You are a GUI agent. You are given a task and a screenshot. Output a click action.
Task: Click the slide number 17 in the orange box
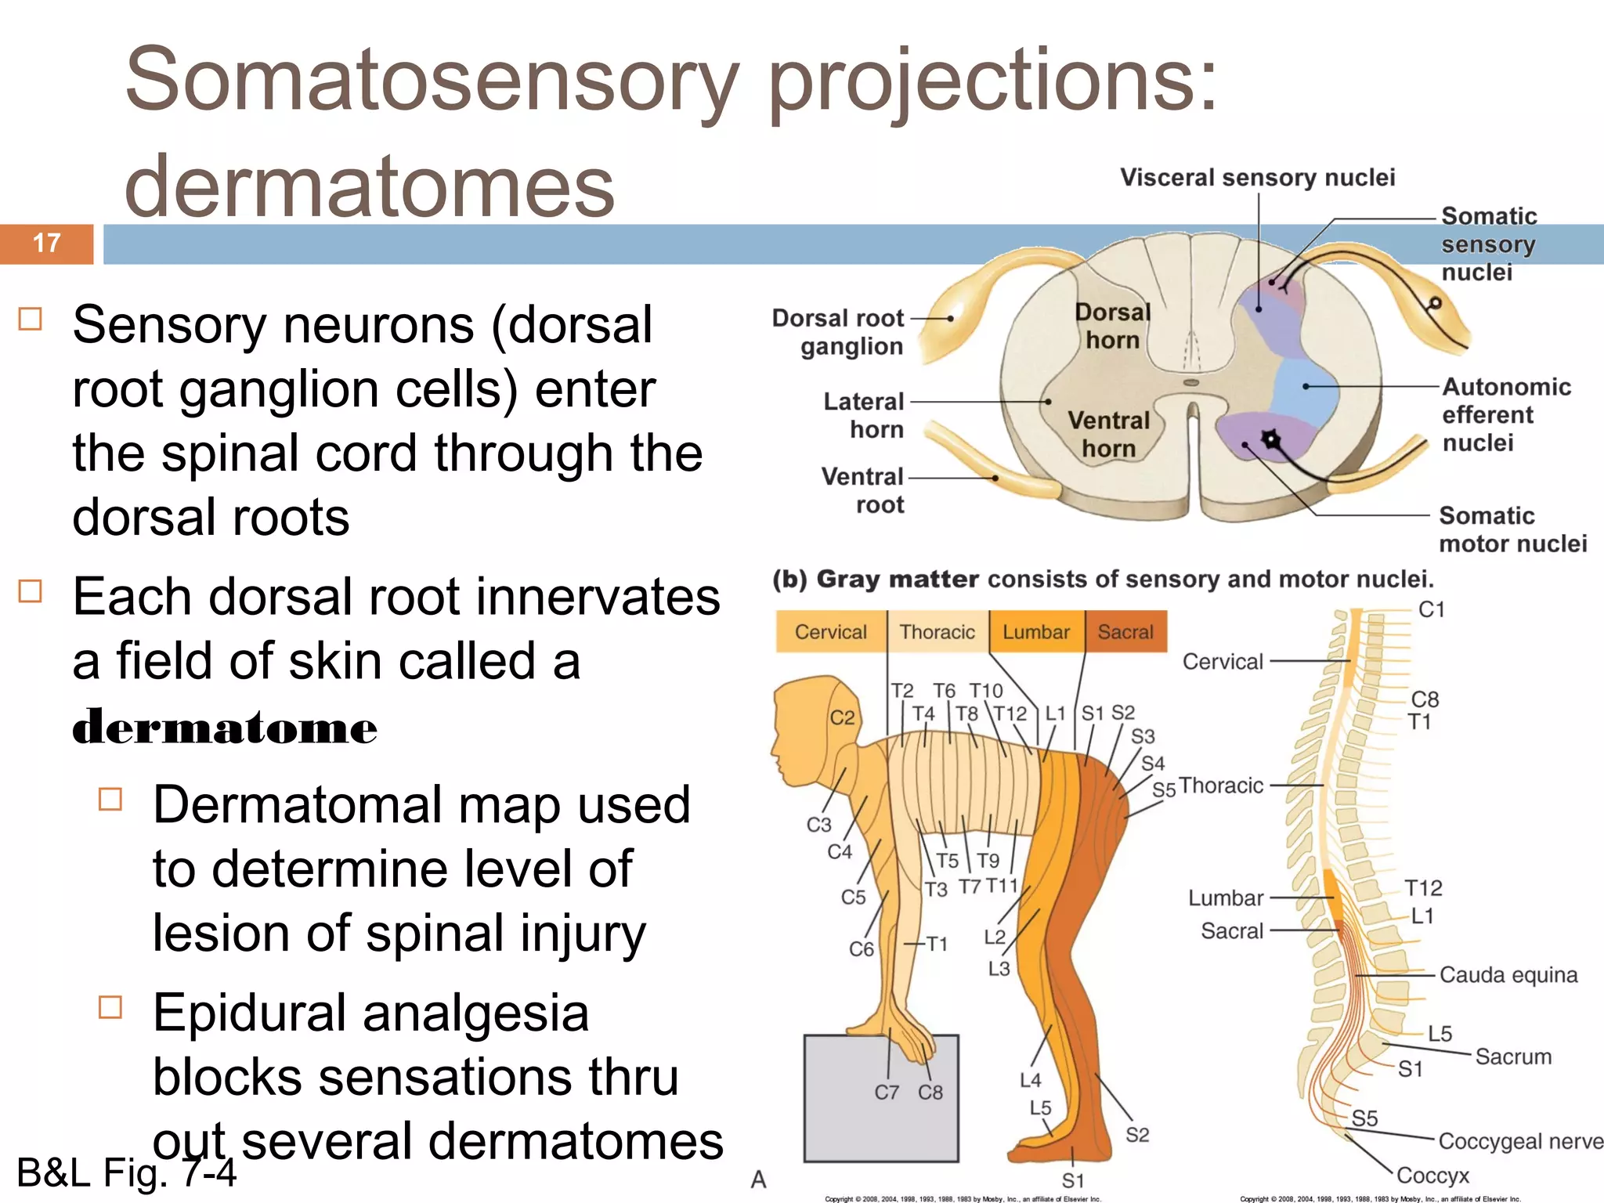(47, 244)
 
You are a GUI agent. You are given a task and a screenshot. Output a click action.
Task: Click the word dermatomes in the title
(369, 186)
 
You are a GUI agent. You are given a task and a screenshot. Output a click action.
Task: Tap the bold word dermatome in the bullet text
(225, 728)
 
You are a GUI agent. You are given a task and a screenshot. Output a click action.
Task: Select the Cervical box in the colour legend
(831, 632)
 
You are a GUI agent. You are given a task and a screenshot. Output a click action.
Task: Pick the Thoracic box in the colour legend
(937, 632)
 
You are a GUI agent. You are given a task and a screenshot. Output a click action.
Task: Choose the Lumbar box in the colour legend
(1036, 632)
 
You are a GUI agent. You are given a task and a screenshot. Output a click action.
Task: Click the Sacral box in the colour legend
(1125, 632)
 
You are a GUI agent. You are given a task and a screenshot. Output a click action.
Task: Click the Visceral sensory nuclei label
(1257, 178)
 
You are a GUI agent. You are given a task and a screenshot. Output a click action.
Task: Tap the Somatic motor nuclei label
(1512, 529)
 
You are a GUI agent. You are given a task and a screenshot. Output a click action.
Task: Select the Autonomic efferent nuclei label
(1505, 414)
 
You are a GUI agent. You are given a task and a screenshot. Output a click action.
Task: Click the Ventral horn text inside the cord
(1109, 434)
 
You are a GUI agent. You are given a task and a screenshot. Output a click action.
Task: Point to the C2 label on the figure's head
(842, 717)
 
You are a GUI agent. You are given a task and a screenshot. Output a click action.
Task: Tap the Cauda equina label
(1508, 975)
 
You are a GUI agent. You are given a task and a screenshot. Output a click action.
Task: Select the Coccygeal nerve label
(1519, 1141)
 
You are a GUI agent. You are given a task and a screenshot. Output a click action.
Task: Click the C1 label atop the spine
(1431, 609)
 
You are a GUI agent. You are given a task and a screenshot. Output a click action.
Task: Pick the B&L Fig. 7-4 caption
(125, 1173)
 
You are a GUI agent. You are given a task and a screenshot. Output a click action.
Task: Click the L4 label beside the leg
(1030, 1081)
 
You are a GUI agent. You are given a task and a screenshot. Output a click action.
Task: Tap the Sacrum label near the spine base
(1513, 1057)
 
